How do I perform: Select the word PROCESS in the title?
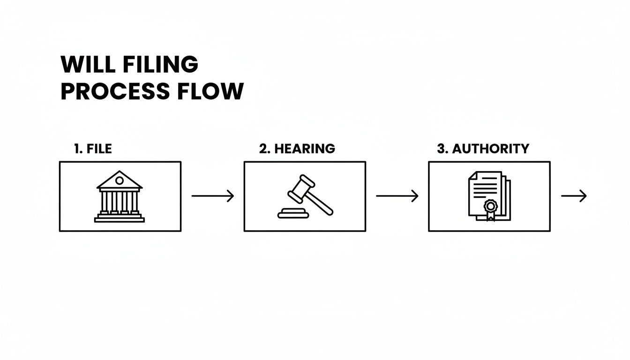115,91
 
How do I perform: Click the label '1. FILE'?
93,149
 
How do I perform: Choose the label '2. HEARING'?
297,149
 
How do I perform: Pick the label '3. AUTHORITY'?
483,149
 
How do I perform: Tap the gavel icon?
305,196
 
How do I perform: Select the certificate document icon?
489,196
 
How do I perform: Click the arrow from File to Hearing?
212,196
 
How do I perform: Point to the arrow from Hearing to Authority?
397,196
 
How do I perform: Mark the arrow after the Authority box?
574,196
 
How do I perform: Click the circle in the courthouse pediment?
120,180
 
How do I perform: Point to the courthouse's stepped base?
120,218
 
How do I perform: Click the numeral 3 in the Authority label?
440,149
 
